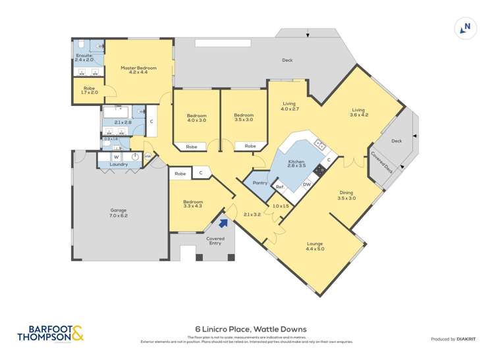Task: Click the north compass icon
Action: click(466, 28)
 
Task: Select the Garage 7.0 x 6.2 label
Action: click(119, 213)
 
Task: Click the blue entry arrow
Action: click(223, 222)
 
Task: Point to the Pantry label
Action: click(260, 182)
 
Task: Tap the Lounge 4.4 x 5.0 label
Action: click(314, 247)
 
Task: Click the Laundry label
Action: click(119, 165)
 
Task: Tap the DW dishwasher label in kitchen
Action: click(306, 184)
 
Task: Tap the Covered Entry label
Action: click(215, 241)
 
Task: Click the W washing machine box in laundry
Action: click(116, 157)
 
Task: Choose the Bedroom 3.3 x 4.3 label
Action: click(193, 205)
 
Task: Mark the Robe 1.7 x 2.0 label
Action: click(89, 90)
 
